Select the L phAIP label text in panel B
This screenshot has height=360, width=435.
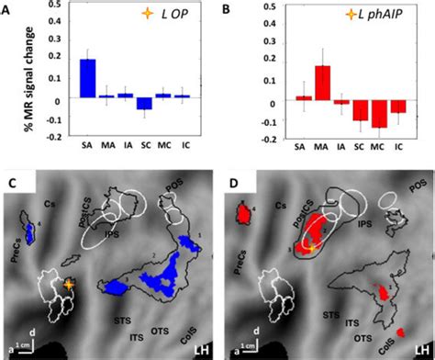(371, 17)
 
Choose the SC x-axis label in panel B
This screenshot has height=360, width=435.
(360, 147)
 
